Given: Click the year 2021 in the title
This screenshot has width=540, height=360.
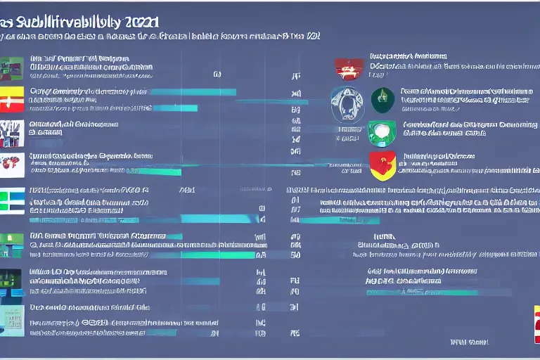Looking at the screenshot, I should click(x=140, y=22).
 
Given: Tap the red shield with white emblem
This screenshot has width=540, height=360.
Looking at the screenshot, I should click(x=349, y=69).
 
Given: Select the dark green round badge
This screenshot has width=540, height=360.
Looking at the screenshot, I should click(x=382, y=100).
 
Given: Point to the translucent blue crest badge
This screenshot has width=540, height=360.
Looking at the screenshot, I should click(x=346, y=102).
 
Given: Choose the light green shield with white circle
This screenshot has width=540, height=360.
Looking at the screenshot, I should click(x=378, y=132).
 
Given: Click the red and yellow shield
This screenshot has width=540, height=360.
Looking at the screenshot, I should click(x=382, y=166).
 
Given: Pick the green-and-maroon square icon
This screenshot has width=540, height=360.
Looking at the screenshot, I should click(x=11, y=68).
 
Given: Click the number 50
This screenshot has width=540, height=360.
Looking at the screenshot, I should click(x=296, y=256).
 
